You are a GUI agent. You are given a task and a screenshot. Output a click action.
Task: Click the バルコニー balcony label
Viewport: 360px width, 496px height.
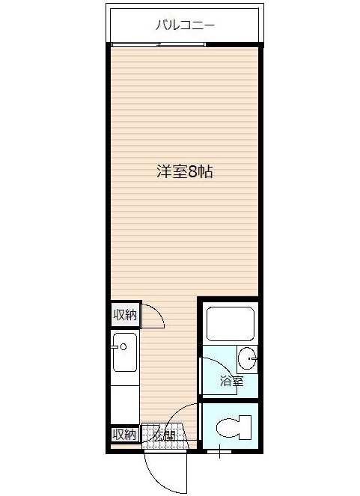(x=185, y=25)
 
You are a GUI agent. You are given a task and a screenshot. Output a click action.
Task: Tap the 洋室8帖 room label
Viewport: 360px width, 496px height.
(x=185, y=171)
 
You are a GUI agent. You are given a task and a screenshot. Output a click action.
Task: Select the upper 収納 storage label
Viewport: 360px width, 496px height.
(x=125, y=315)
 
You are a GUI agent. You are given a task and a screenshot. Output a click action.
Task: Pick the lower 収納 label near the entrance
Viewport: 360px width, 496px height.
(x=125, y=435)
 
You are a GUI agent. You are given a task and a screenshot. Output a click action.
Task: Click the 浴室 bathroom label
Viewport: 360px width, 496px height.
(x=232, y=382)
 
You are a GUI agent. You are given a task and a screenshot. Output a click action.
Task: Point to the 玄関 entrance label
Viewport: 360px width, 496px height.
(x=163, y=436)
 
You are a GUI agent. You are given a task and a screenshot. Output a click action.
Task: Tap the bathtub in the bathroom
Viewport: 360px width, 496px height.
(x=231, y=323)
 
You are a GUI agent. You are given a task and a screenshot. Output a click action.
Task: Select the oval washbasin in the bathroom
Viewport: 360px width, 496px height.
(x=247, y=358)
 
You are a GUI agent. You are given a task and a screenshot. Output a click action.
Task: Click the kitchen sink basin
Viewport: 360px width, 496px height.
(x=125, y=352)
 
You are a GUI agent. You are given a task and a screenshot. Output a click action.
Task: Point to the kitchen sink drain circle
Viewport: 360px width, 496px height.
(x=123, y=347)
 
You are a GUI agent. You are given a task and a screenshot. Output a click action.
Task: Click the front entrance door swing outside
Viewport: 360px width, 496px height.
(x=165, y=471)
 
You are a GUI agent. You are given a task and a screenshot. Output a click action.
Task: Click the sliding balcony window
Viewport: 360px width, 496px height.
(x=158, y=44)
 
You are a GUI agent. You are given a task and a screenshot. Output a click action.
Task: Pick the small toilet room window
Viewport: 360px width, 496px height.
(x=219, y=452)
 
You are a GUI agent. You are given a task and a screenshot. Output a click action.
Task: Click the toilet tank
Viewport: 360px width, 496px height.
(x=245, y=427)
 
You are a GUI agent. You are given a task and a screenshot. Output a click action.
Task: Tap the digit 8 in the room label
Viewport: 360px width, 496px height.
(x=192, y=172)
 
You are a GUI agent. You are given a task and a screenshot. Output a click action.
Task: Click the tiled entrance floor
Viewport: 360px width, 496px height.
(x=165, y=436)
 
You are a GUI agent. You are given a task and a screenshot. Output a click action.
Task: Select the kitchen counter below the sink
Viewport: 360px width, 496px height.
(x=125, y=405)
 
